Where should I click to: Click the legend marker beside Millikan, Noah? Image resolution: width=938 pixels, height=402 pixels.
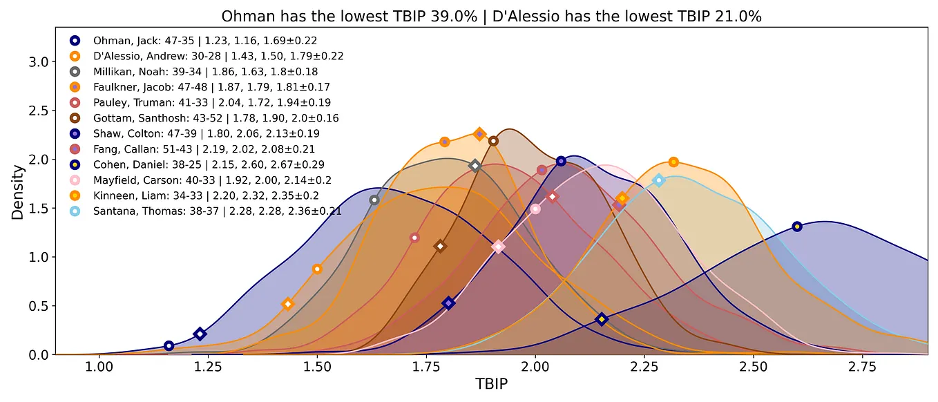[75, 72]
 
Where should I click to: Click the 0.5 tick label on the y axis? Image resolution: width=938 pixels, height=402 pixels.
[39, 306]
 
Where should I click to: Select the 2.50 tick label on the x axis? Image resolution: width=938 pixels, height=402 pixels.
[754, 367]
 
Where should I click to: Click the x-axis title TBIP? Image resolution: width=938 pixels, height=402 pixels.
[492, 384]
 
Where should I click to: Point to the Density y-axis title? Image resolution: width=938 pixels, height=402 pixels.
[17, 192]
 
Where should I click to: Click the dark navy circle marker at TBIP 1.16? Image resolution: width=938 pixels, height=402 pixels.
[169, 346]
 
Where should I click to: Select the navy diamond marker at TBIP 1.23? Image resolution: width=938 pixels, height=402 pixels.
[200, 334]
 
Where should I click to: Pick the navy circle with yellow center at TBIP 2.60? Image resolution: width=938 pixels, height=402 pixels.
[797, 227]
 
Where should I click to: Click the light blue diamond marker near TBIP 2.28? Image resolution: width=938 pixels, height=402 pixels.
[658, 180]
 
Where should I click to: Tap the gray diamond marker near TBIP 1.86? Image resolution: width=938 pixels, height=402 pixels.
[475, 165]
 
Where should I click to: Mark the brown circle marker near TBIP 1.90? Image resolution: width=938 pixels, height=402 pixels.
[493, 141]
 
